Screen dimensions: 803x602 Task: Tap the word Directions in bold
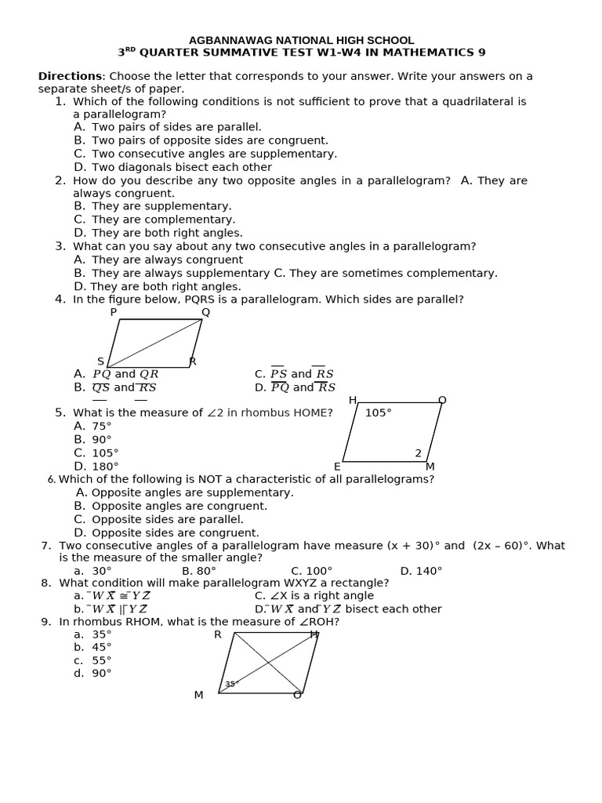click(x=70, y=76)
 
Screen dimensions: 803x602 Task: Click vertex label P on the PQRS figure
click(x=114, y=312)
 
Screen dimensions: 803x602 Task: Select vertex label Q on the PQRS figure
click(x=205, y=312)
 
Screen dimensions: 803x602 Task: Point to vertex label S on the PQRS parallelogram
click(x=100, y=362)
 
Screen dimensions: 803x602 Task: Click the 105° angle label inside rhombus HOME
click(x=378, y=412)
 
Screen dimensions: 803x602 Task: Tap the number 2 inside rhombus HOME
click(x=419, y=453)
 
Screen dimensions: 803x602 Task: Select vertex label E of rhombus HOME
click(x=337, y=467)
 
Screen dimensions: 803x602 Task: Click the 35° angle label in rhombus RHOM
click(x=231, y=684)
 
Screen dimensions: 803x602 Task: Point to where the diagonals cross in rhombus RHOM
click(x=269, y=663)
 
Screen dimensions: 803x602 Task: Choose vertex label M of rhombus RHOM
click(x=198, y=696)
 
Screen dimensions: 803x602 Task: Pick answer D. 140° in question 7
click(x=421, y=571)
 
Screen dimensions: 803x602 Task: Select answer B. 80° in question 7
click(x=198, y=571)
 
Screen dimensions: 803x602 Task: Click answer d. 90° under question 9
click(x=92, y=673)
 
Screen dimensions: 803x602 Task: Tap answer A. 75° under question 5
click(x=92, y=426)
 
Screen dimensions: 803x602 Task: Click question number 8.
click(x=45, y=583)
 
